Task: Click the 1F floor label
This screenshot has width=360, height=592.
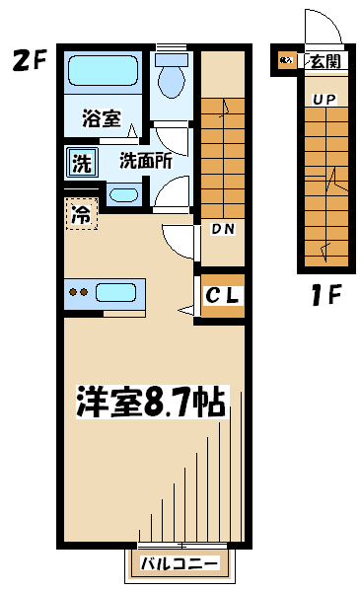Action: (326, 295)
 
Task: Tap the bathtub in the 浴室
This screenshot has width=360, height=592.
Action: (103, 71)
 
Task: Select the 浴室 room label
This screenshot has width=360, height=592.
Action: (102, 118)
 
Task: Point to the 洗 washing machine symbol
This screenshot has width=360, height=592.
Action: (82, 163)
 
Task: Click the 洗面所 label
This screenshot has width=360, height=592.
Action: (146, 161)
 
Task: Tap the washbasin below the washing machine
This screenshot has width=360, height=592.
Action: (123, 195)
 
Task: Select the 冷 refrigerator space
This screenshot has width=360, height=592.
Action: (82, 214)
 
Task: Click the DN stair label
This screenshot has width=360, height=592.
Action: (223, 229)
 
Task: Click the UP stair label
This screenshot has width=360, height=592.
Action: (324, 100)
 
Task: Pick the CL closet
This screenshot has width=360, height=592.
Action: (222, 296)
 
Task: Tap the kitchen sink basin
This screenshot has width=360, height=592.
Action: (115, 293)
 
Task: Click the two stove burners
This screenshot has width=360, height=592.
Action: (79, 292)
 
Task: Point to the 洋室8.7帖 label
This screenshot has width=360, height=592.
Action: (152, 402)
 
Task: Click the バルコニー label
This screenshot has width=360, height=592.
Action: (180, 564)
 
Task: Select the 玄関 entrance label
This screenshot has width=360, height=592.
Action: (325, 61)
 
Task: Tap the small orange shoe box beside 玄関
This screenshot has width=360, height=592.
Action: (287, 60)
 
